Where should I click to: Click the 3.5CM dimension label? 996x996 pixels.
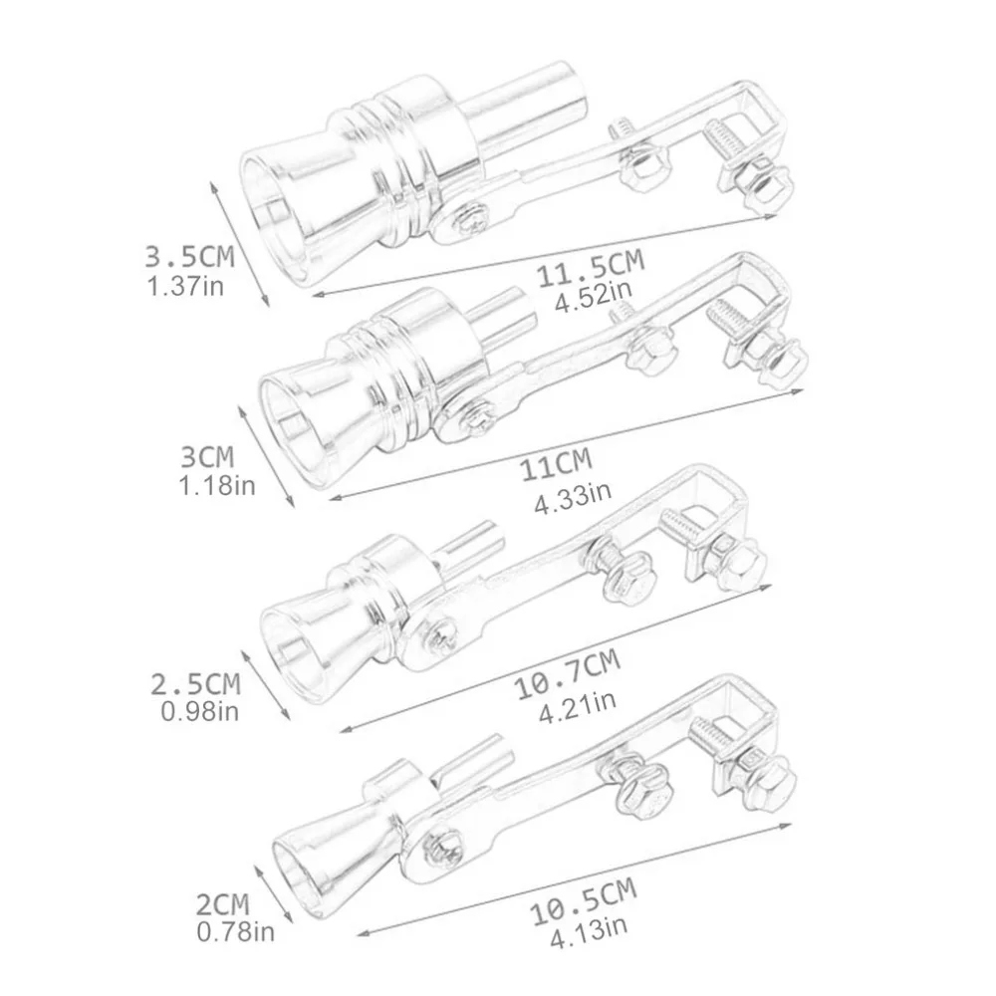pos(189,257)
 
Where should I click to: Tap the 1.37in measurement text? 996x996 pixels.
pos(189,288)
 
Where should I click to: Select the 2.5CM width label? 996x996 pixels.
pos(195,684)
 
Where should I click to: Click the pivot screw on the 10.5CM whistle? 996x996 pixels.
pos(439,845)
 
